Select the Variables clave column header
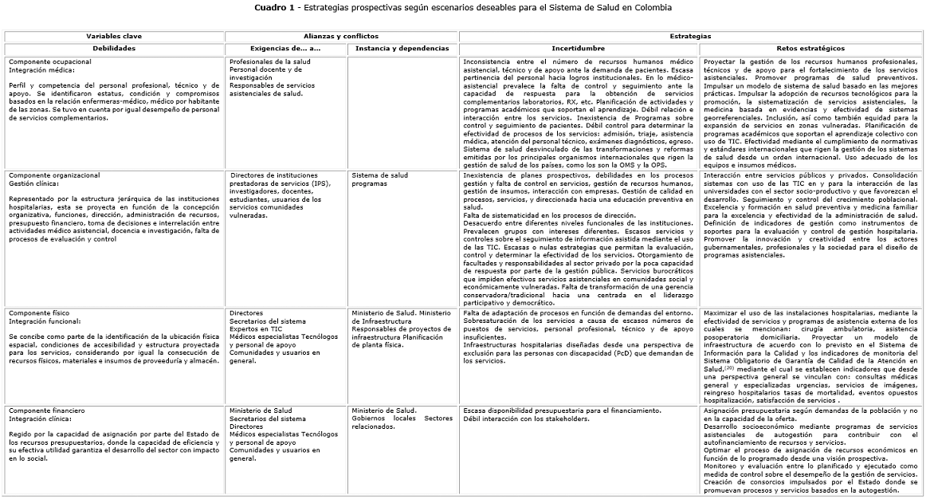[x=114, y=37]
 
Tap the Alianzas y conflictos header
[x=340, y=37]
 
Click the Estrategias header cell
[x=690, y=37]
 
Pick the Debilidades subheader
[x=114, y=49]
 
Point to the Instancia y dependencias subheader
[x=402, y=49]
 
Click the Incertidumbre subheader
[x=578, y=49]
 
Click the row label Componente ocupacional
[x=50, y=61]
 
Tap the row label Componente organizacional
[x=54, y=175]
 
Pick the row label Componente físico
[x=41, y=313]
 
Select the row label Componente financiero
[x=47, y=411]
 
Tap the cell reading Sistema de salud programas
[x=379, y=179]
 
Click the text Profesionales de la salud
[x=270, y=61]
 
